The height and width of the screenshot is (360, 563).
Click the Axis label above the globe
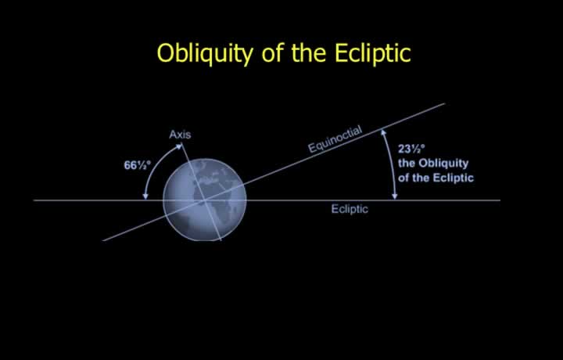[x=180, y=135]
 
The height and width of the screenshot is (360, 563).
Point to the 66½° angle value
[x=137, y=165]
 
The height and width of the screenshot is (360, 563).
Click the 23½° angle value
[x=411, y=149]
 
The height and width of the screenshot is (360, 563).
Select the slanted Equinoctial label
[x=335, y=139]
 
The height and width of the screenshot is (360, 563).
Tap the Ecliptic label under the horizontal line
[x=350, y=209]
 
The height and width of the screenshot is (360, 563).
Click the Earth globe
[x=205, y=200]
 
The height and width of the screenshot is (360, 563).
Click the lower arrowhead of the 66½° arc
[x=145, y=196]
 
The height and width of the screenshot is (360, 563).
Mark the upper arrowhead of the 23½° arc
[x=383, y=132]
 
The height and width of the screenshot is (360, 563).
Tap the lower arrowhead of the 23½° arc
[x=395, y=196]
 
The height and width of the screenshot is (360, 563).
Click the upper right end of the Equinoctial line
[x=445, y=103]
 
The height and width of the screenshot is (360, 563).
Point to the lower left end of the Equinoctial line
[x=103, y=241]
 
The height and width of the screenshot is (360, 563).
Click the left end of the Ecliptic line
[x=34, y=200]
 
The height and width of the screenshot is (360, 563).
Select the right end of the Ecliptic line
[x=500, y=200]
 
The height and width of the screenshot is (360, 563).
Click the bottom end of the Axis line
[x=221, y=240]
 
